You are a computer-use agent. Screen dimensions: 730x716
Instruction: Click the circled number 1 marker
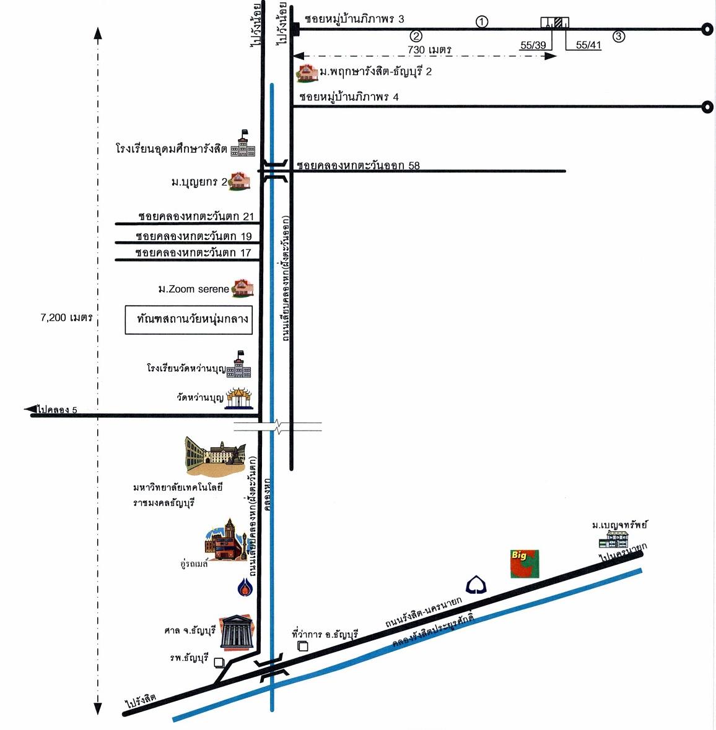point(482,22)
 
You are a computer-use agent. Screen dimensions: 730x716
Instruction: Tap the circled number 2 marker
point(416,36)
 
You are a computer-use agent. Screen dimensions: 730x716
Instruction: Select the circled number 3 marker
point(619,36)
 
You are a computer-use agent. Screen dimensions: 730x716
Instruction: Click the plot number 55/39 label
point(533,45)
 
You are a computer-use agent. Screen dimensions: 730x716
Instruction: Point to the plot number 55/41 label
point(588,45)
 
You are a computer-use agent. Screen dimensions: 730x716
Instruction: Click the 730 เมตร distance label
point(429,49)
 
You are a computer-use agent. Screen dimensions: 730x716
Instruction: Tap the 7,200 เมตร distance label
point(66,318)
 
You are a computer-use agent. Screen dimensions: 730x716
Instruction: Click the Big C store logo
point(525,564)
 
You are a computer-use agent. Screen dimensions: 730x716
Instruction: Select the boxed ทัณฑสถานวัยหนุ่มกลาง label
point(189,319)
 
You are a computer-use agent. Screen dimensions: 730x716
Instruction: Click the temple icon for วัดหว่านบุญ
point(240,398)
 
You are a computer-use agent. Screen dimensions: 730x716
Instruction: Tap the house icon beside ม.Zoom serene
point(242,287)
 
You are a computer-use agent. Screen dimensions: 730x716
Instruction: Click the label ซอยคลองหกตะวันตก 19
point(194,236)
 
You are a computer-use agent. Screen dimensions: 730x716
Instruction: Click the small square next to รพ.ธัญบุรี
point(219,663)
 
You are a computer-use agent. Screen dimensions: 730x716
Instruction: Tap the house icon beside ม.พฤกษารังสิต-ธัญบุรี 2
point(306,72)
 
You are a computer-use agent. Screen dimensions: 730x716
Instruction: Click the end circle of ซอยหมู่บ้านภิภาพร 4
point(707,107)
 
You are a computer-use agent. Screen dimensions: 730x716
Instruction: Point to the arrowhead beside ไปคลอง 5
point(30,409)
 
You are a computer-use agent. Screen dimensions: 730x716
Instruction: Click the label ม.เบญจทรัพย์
point(619,525)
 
